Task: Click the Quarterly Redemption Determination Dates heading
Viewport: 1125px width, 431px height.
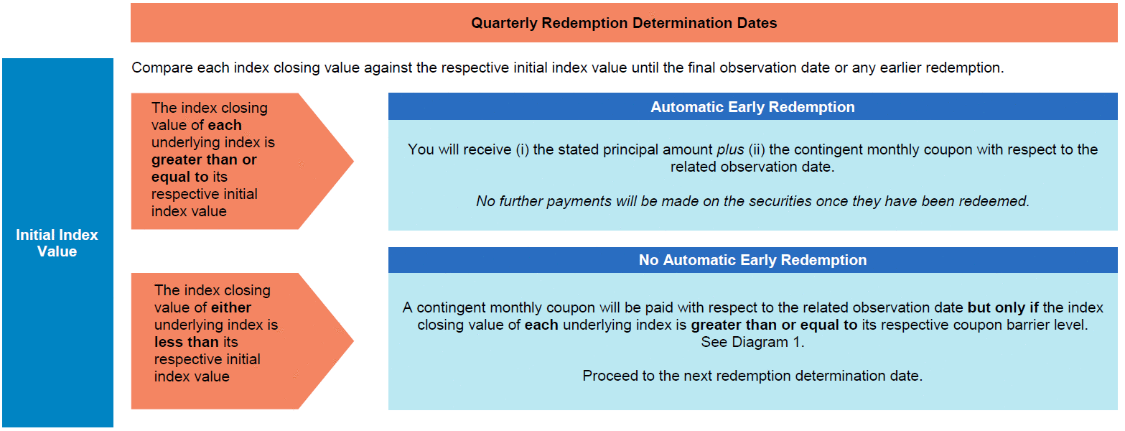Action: point(624,23)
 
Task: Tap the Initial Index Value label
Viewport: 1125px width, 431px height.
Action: point(57,243)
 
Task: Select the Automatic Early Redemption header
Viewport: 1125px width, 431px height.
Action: point(752,107)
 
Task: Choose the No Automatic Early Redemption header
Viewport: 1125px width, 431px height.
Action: point(752,260)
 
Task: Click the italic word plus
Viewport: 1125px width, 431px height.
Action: point(730,149)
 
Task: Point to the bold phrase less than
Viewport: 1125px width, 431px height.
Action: point(187,342)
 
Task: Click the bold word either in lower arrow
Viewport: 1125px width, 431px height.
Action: point(231,307)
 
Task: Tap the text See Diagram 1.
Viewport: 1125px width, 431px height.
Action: point(752,342)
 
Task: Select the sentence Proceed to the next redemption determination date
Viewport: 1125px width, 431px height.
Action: point(752,376)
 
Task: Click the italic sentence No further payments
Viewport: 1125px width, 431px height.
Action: point(752,201)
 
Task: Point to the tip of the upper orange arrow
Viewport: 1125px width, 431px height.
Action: point(353,161)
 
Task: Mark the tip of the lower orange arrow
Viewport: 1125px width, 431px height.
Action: point(353,341)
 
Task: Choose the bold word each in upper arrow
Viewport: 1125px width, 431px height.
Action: point(225,125)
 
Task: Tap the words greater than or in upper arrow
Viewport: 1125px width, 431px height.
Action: point(204,159)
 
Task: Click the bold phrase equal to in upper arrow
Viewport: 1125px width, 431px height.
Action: point(179,177)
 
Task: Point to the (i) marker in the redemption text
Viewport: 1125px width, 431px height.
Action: point(523,149)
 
